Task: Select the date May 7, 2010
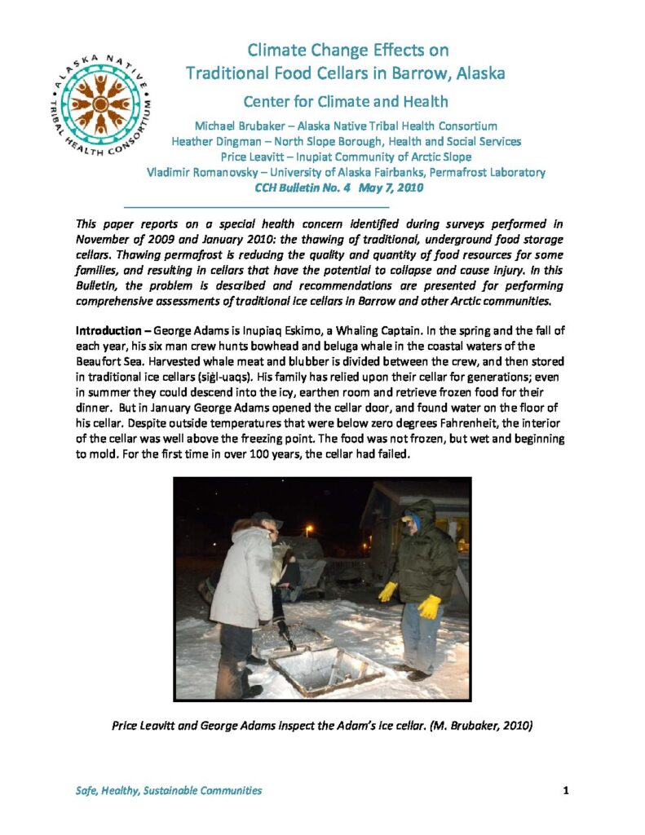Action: click(x=391, y=188)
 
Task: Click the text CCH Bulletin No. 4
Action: click(x=301, y=188)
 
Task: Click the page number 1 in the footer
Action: click(x=565, y=790)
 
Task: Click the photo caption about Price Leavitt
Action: click(x=322, y=725)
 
